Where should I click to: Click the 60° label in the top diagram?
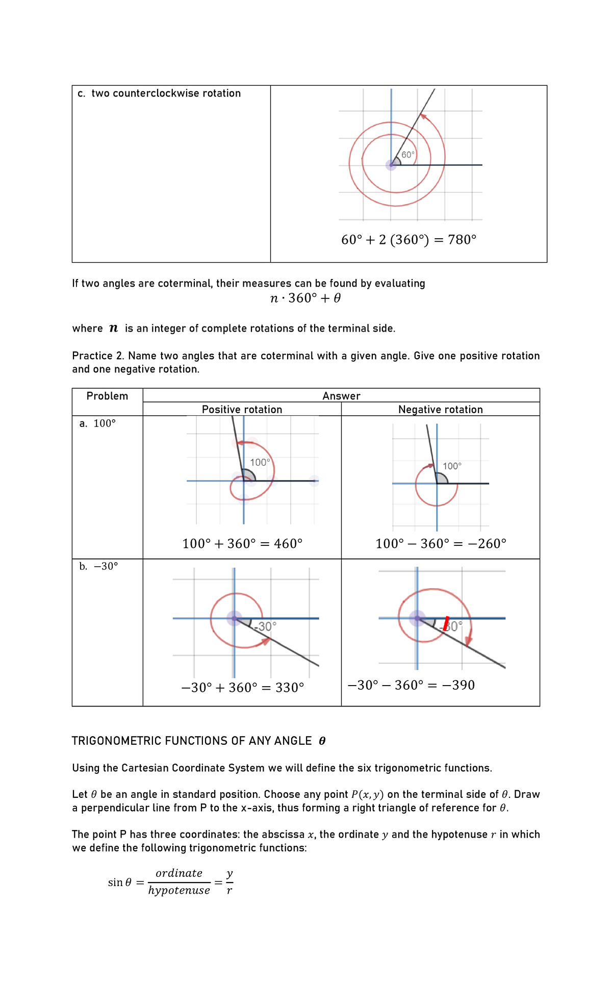(x=408, y=155)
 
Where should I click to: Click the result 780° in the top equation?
(x=462, y=240)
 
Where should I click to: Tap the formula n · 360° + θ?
(x=305, y=298)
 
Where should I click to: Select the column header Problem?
(x=107, y=396)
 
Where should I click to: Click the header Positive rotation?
(x=242, y=410)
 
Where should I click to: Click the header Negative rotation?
(x=440, y=410)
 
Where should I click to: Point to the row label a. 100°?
(x=98, y=423)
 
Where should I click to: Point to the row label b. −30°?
(x=99, y=566)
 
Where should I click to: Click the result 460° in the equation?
(x=288, y=544)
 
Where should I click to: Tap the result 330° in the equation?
(x=290, y=688)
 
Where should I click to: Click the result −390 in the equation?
(x=458, y=685)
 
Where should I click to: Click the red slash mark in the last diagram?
(x=446, y=623)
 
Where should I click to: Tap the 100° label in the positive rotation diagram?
(x=260, y=462)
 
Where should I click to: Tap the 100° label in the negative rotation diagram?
(x=452, y=466)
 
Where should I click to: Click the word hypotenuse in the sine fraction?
(x=179, y=890)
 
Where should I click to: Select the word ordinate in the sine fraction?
(x=179, y=873)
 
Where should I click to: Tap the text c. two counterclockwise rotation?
(x=159, y=93)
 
